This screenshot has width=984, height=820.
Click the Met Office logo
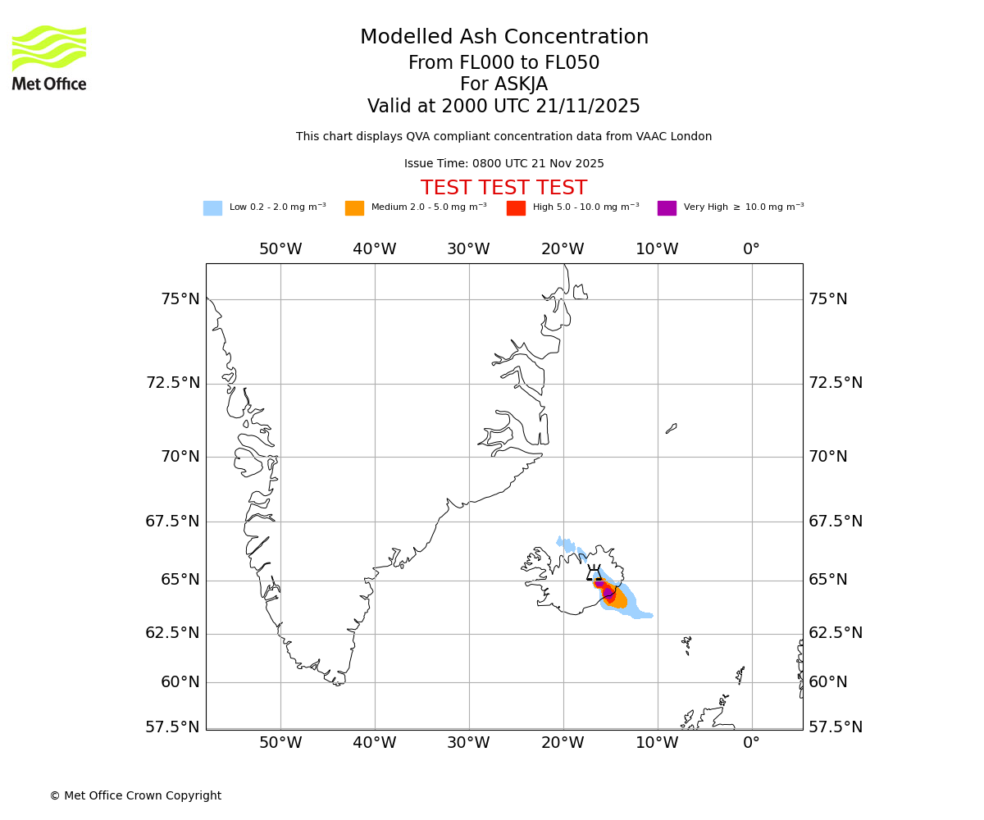tap(49, 57)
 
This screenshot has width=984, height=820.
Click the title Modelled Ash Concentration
tap(504, 38)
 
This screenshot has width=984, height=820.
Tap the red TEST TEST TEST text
tap(503, 189)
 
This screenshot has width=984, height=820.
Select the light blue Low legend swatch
tap(212, 208)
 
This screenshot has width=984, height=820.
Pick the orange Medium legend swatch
tap(354, 208)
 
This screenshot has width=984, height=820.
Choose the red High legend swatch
tap(516, 208)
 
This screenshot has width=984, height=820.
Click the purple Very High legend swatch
tap(667, 208)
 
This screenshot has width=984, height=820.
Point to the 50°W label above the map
tap(280, 249)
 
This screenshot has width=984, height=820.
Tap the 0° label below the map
tap(751, 743)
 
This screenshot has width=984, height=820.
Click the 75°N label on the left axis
tap(180, 299)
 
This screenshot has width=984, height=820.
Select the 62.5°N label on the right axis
tap(836, 633)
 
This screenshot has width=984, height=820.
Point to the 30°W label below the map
tap(468, 743)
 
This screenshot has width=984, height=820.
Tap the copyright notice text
tap(135, 796)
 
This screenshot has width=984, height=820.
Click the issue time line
tap(503, 164)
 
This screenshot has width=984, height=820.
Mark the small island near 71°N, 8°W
tap(671, 428)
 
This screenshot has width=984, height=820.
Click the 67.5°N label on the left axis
tap(173, 522)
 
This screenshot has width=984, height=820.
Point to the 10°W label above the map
tap(657, 249)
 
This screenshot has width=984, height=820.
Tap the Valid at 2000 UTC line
tap(503, 107)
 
